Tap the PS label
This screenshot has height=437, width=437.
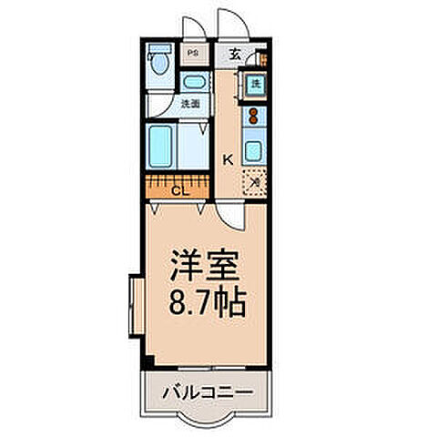[x=192, y=53]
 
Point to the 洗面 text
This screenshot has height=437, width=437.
[x=190, y=104]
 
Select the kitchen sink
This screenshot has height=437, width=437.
[x=254, y=150]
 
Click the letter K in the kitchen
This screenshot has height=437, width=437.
[x=229, y=159]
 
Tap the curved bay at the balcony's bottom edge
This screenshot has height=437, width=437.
[x=207, y=419]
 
